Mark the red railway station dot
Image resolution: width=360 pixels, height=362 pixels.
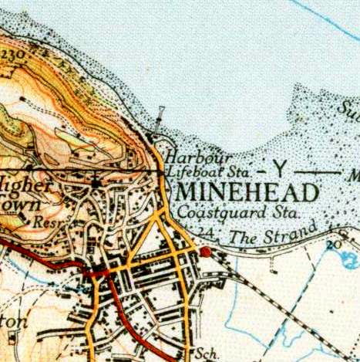tap(206, 252)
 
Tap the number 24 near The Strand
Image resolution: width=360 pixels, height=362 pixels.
tap(204, 232)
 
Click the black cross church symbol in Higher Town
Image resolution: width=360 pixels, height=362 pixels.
tap(95, 182)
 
